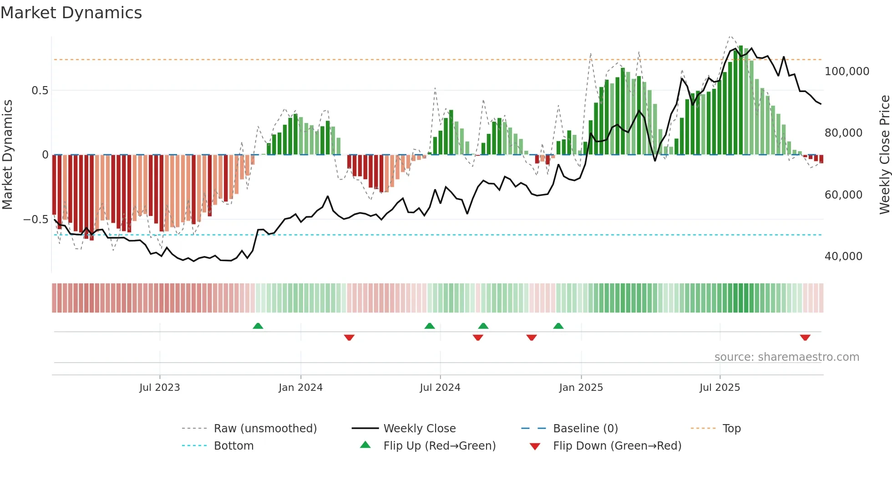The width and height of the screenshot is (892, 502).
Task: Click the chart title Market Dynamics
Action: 71,13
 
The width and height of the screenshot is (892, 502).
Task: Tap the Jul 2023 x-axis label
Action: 160,388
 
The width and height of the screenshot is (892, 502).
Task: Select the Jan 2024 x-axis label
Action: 300,388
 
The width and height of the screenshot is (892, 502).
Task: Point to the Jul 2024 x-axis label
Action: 440,388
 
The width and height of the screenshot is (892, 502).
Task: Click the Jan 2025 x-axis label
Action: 581,388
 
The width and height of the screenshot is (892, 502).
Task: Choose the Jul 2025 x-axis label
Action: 720,388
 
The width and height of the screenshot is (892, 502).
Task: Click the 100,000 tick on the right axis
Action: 847,72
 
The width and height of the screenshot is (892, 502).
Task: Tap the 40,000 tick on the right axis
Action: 843,256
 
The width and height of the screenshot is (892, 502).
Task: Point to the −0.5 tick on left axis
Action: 36,220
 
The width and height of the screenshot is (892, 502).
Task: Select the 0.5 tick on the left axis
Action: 40,91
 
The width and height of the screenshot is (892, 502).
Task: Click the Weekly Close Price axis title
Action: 884,154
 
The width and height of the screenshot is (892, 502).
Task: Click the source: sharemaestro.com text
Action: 786,357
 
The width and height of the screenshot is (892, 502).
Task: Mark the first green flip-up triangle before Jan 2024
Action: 258,326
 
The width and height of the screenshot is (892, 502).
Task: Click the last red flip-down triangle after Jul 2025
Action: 805,338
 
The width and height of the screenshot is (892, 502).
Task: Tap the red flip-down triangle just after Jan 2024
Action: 349,338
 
